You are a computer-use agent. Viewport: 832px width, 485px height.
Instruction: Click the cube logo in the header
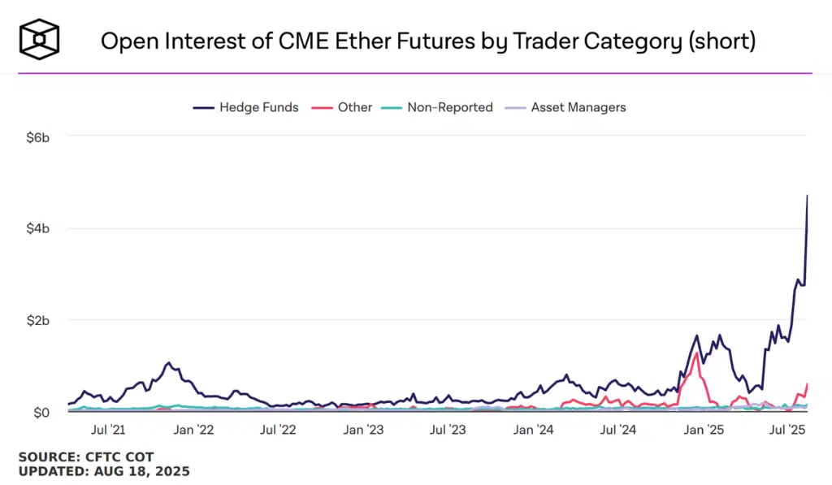pos(41,40)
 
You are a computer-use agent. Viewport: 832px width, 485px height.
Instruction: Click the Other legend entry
pos(345,107)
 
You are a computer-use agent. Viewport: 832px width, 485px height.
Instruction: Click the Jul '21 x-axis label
pos(108,429)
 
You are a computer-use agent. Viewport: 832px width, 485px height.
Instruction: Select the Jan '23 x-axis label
pos(363,429)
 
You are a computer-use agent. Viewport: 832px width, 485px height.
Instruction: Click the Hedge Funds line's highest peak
pos(807,196)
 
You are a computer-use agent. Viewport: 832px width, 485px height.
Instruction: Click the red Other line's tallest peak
pos(696,353)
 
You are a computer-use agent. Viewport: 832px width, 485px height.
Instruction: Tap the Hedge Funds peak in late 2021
pos(168,363)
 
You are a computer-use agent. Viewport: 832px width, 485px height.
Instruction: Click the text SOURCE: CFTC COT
pos(85,457)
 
